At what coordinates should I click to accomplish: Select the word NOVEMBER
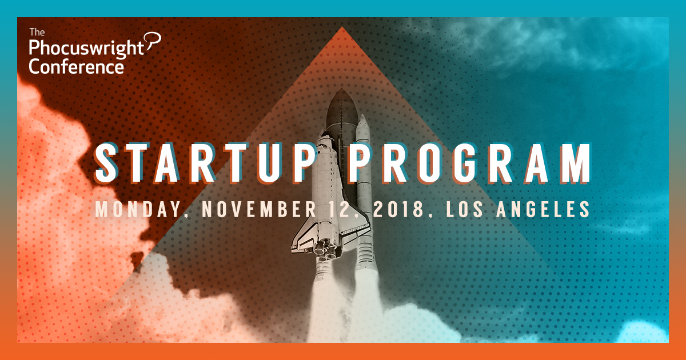coord(259,209)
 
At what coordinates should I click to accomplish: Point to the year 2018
coord(398,209)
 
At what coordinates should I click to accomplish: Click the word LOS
coord(465,209)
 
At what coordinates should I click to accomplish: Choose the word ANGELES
coord(543,209)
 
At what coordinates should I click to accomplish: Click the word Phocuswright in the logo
coord(86,49)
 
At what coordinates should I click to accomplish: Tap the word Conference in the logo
coord(76,67)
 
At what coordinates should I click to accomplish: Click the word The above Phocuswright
coord(37,32)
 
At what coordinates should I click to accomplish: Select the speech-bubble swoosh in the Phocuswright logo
coord(153,41)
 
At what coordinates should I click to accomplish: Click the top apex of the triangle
coord(342,27)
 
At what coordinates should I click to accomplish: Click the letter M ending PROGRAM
coord(576,163)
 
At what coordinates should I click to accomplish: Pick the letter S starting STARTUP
coord(106,163)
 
